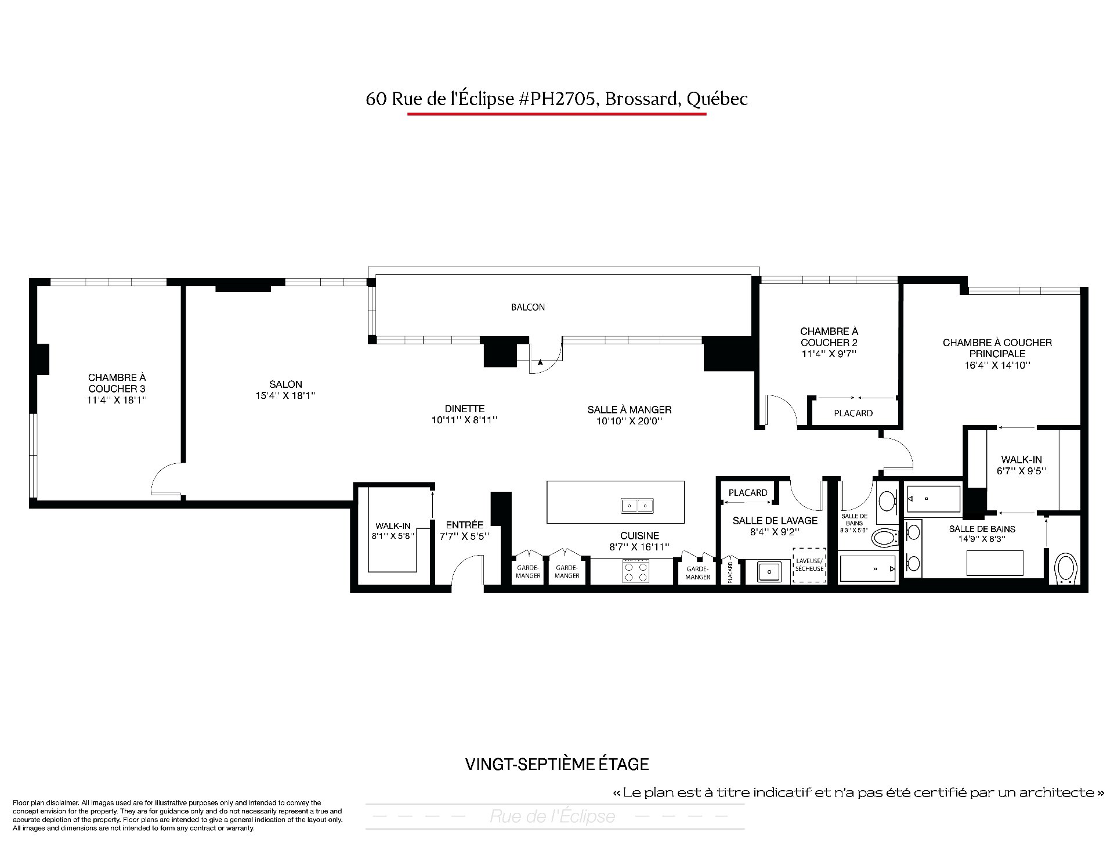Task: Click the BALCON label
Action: click(x=527, y=307)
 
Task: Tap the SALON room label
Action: click(x=285, y=384)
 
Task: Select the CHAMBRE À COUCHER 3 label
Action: click(x=117, y=383)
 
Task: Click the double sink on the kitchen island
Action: click(x=637, y=506)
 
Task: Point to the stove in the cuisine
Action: click(x=635, y=571)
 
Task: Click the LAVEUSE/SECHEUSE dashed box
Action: click(x=809, y=565)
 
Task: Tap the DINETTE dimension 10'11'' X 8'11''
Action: click(x=464, y=420)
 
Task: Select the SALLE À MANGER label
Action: click(x=630, y=410)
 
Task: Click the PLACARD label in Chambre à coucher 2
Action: click(x=853, y=413)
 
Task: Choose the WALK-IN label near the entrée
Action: click(x=393, y=526)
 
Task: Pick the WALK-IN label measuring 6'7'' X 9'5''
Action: click(x=1021, y=460)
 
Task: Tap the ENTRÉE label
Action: click(x=464, y=525)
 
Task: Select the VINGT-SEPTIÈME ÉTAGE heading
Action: click(x=557, y=764)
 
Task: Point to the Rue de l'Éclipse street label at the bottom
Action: click(x=552, y=816)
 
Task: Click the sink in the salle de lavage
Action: click(x=769, y=571)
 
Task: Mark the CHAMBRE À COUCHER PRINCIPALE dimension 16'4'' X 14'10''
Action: click(x=997, y=365)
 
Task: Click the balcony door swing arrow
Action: click(x=540, y=362)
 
